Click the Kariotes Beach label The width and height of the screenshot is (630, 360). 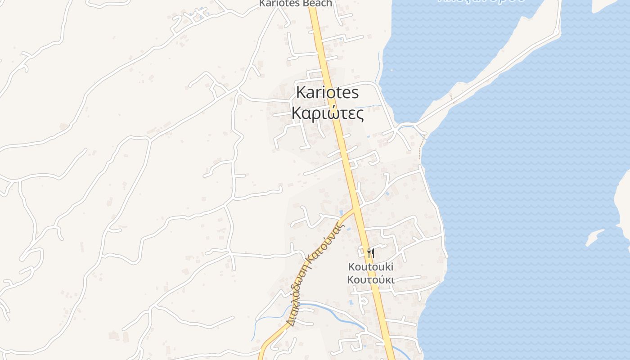click(295, 4)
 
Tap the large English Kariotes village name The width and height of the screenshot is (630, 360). click(328, 93)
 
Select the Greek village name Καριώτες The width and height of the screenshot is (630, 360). click(328, 113)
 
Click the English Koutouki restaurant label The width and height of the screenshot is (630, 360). click(371, 267)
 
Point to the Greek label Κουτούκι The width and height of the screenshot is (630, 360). click(371, 279)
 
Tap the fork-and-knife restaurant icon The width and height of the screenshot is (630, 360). click(370, 253)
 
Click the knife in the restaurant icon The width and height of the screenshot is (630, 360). click(373, 253)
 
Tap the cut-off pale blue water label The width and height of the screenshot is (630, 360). click(481, 1)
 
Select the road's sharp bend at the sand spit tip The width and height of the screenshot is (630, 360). click(559, 31)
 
